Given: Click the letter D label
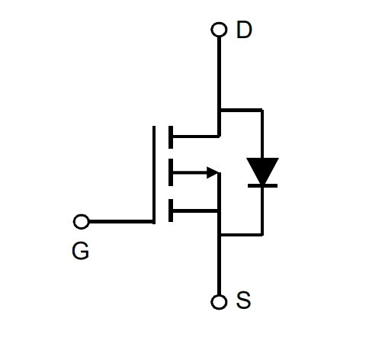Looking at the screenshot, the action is pos(244,30).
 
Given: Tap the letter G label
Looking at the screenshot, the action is pos(81,251).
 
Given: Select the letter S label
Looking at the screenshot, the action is pos(243,301).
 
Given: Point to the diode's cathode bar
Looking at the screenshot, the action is pos(262,186).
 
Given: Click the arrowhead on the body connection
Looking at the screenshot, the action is pos(213,172).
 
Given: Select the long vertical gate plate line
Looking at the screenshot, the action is pos(154,175).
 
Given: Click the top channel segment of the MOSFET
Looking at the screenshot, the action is pos(171,137).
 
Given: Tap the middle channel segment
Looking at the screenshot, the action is pos(171,172).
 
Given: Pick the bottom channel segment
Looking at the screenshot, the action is pos(171,211).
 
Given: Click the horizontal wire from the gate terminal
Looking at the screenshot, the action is pos(121,222).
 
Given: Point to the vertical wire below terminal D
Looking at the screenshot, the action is pos(219,86).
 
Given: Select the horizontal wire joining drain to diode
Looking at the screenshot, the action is pos(242,110).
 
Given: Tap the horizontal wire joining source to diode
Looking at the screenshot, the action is pos(242,234).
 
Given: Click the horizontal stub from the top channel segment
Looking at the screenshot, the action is pos(196,137).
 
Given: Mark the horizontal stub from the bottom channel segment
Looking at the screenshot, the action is pos(195,211).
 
